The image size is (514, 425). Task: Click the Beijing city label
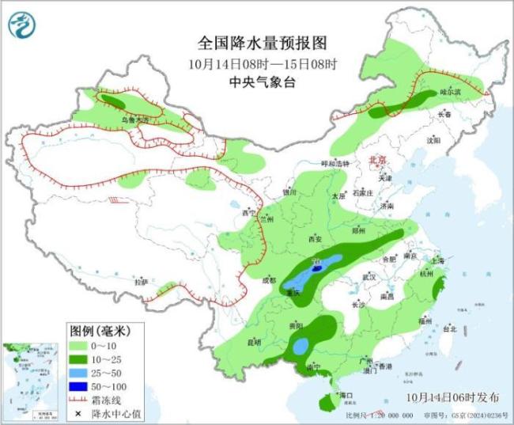pyautogui.click(x=379, y=160)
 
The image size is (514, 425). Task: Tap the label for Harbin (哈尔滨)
pyautogui.click(x=450, y=93)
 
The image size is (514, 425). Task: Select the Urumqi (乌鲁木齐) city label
pyautogui.click(x=134, y=120)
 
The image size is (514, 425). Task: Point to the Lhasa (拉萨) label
pyautogui.click(x=141, y=282)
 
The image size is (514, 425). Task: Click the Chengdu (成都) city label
pyautogui.click(x=269, y=279)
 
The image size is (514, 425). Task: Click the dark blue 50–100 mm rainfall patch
pyautogui.click(x=316, y=269)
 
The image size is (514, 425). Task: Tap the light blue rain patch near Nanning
pyautogui.click(x=300, y=345)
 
